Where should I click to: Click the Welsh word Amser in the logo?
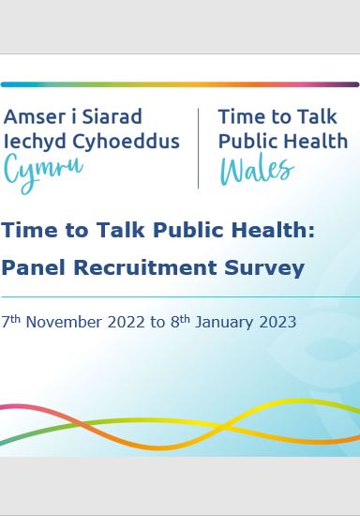tap(34, 117)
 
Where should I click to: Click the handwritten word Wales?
tap(256, 170)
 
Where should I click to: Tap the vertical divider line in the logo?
tap(198, 147)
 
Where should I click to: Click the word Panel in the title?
tap(34, 268)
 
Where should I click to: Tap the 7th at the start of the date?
tap(11, 322)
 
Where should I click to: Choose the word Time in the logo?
tap(239, 117)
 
